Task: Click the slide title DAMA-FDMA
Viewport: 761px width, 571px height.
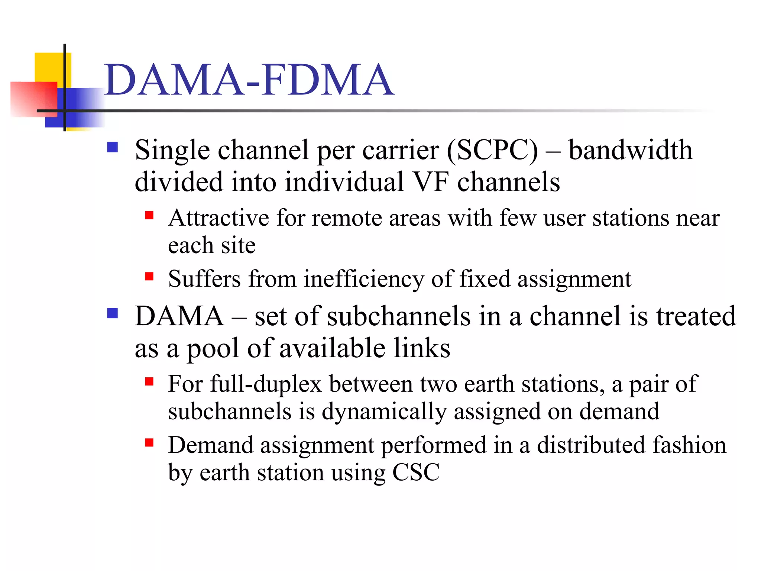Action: click(248, 80)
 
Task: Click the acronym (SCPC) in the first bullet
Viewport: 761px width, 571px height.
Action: click(492, 150)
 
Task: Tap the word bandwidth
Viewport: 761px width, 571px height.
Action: click(631, 150)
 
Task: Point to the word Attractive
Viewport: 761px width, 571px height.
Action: click(218, 218)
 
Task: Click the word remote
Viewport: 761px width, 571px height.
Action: click(346, 218)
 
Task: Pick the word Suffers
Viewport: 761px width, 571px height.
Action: click(204, 279)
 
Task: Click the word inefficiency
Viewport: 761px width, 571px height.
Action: click(363, 279)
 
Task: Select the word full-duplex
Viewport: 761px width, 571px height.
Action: click(266, 384)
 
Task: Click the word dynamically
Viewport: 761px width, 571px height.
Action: click(384, 412)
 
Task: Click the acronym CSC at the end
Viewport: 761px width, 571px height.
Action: click(416, 472)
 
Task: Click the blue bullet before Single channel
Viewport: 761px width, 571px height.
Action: click(112, 148)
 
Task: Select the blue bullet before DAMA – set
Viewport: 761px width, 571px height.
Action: click(112, 313)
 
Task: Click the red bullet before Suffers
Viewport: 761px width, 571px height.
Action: click(149, 276)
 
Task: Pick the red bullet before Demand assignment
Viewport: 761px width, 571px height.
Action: click(149, 442)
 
